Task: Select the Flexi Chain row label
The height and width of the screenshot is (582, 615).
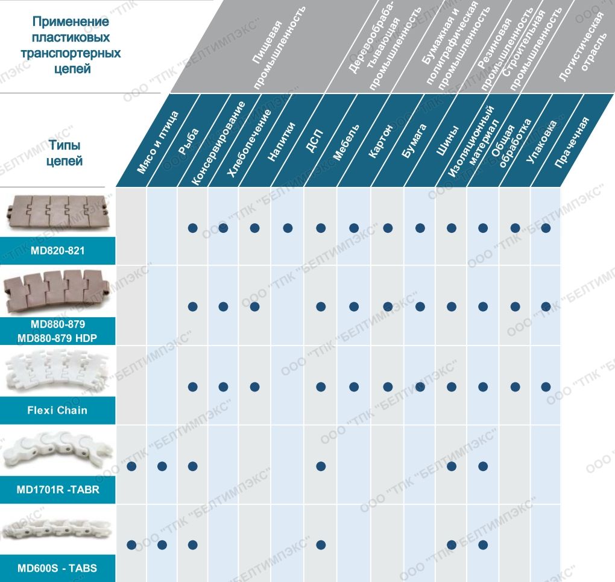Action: click(57, 410)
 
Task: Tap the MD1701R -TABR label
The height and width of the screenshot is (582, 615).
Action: click(57, 490)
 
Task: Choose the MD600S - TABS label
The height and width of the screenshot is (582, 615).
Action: click(57, 568)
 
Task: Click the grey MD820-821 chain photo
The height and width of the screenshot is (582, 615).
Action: click(57, 212)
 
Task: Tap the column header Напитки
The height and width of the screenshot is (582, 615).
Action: click(282, 142)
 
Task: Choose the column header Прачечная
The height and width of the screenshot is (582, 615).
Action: click(570, 142)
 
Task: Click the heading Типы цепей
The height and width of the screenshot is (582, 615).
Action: click(65, 153)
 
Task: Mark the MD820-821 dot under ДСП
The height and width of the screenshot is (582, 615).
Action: click(321, 228)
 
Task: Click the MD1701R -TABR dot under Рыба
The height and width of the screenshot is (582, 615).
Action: click(162, 466)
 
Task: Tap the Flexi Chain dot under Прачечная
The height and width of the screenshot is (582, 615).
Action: click(546, 387)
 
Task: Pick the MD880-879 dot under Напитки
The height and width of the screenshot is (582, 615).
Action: click(288, 306)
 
